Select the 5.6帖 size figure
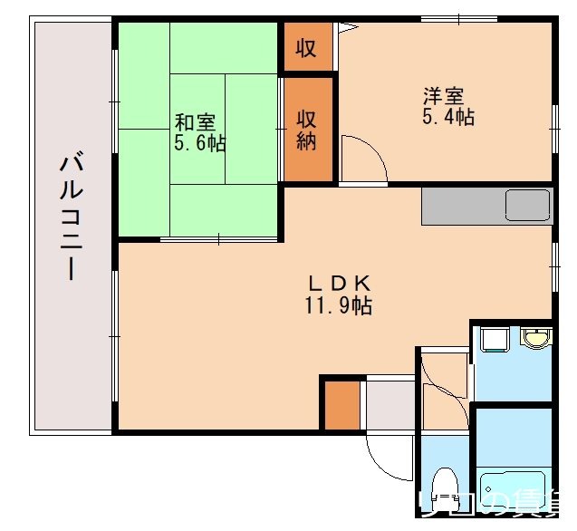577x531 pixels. [200, 143]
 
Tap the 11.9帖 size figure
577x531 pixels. [337, 305]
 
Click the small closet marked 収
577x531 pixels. [307, 48]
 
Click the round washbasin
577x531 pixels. [538, 340]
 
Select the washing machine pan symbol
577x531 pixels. [495, 340]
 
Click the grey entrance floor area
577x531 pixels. [390, 405]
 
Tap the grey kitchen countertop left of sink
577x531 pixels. [462, 206]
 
